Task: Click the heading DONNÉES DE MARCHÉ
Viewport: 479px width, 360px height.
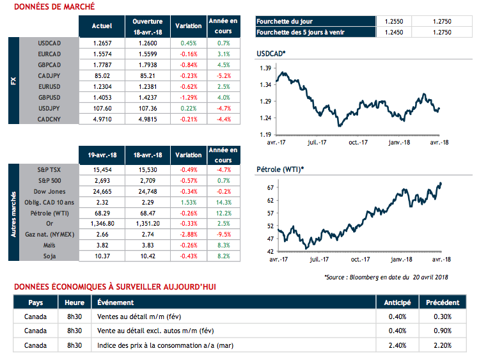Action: [54, 6]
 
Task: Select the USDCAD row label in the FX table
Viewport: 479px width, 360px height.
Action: [49, 43]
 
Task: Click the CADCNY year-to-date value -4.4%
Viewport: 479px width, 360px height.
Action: [223, 120]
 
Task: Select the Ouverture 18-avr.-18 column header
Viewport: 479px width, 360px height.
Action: [147, 26]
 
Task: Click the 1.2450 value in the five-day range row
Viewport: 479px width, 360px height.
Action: [393, 32]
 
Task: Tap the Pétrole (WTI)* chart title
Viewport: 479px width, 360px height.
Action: [279, 169]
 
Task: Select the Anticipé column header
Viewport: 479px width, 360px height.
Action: [397, 302]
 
